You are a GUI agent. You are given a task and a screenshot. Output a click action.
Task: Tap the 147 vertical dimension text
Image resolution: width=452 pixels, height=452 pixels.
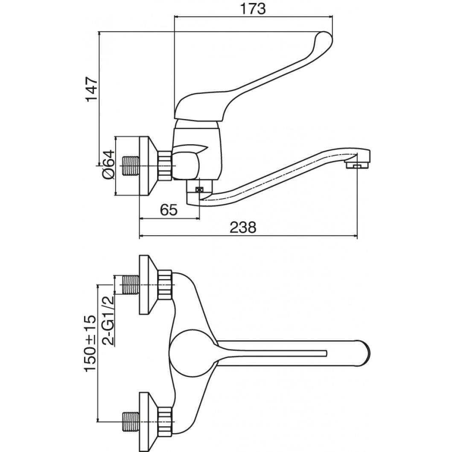pos(92,89)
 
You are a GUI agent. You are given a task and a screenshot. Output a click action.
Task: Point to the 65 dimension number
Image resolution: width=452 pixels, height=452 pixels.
pos(169,210)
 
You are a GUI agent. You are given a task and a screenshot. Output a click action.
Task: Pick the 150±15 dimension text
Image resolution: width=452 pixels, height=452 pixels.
pos(90,343)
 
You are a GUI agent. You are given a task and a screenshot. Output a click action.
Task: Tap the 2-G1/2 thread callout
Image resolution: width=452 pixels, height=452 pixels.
pos(108,321)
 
